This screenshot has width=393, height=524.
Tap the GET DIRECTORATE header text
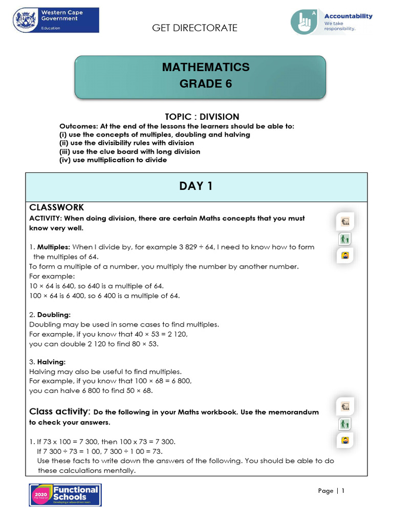[194, 28]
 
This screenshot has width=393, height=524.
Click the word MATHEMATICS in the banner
[206, 67]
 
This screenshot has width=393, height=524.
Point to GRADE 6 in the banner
[206, 84]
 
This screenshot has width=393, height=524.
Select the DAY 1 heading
[196, 186]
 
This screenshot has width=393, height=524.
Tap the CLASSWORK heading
[56, 208]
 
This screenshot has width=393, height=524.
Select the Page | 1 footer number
[332, 491]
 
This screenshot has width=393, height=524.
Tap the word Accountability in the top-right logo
[348, 16]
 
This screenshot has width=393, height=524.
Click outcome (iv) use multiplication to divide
[113, 160]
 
